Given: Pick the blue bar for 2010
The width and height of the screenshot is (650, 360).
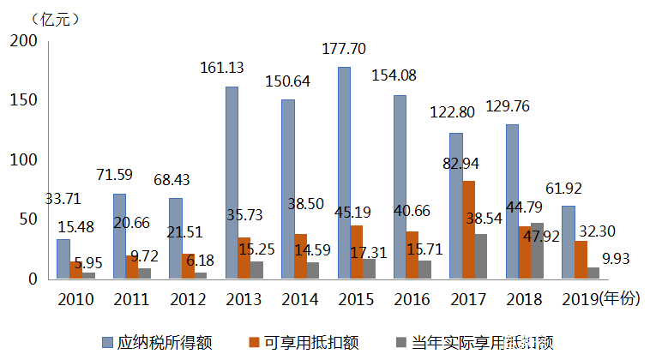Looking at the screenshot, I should [63, 259].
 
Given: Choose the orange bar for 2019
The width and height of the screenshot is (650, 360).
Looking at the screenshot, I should [581, 260].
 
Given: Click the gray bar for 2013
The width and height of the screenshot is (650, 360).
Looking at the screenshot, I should [257, 270].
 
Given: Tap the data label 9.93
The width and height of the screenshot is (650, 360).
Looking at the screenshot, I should [619, 258].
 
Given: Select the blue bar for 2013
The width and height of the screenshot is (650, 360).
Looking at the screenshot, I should [232, 183].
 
